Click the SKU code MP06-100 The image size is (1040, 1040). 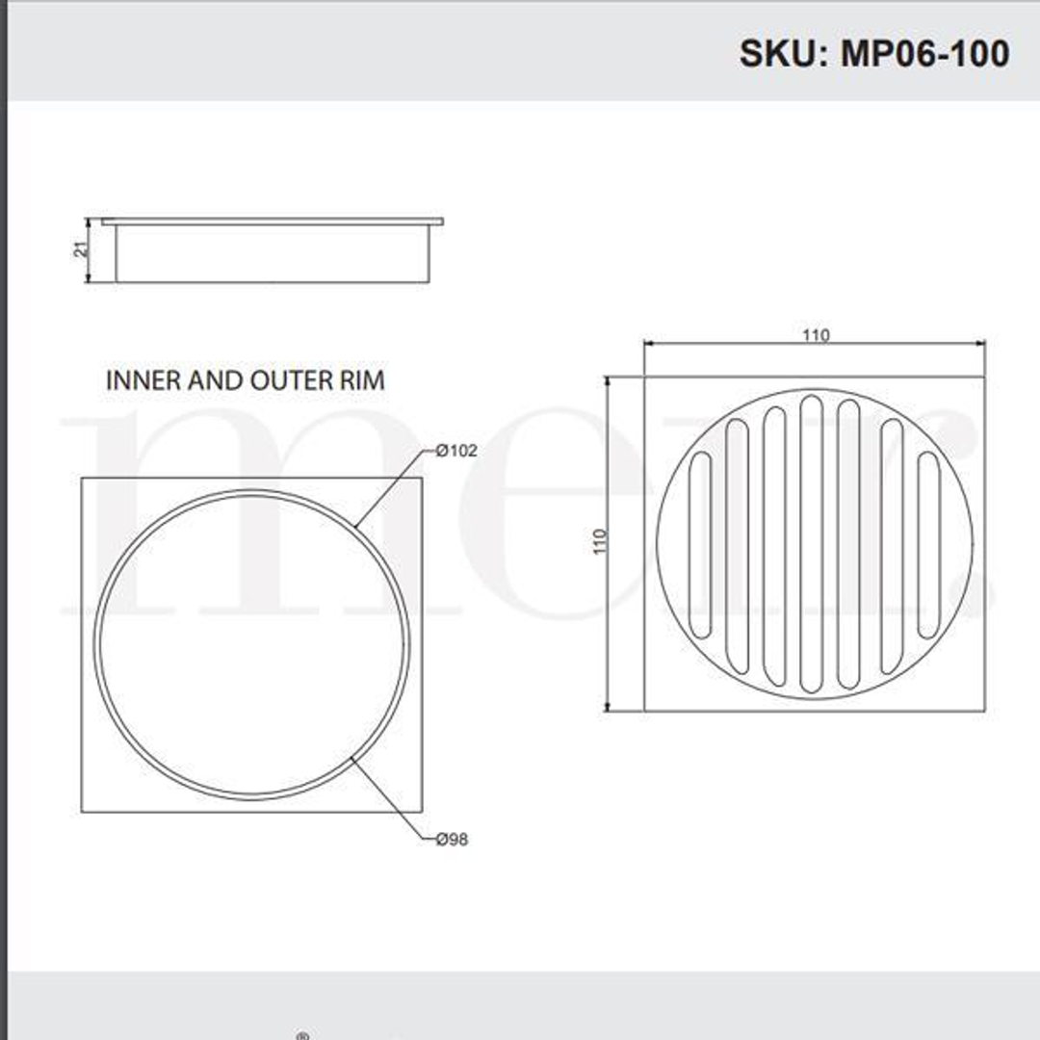[x=925, y=53]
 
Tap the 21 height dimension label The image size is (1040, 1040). [x=82, y=249]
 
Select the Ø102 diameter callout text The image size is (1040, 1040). [x=455, y=450]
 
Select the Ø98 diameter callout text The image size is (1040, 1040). [x=451, y=840]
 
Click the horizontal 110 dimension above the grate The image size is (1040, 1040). [x=816, y=335]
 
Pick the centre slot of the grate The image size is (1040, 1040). [x=811, y=544]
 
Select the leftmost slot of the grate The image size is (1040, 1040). [x=700, y=544]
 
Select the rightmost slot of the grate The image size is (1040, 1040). [x=928, y=544]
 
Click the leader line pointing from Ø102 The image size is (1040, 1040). [x=390, y=490]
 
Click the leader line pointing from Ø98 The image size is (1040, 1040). [x=390, y=799]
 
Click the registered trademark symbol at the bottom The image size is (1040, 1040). [x=302, y=1035]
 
